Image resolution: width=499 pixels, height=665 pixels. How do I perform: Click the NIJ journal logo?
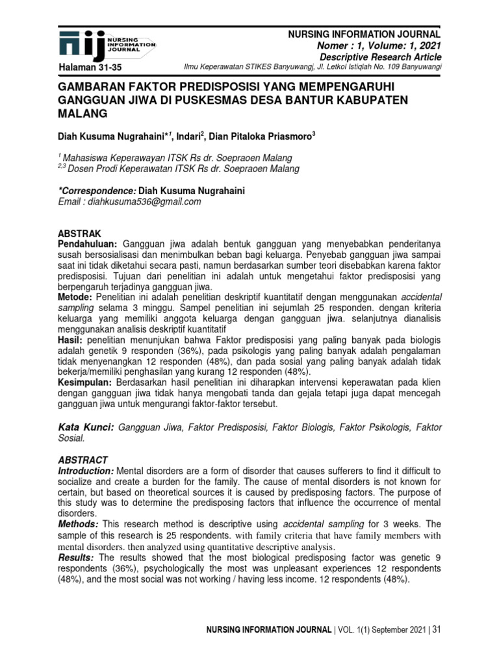tap(107, 44)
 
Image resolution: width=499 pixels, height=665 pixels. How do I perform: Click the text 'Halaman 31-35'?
tap(90, 68)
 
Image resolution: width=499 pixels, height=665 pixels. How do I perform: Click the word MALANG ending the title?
tap(82, 113)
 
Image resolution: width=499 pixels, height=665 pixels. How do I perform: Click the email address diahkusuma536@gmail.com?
tap(130, 202)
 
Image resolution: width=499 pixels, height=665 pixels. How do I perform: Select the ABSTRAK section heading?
tap(80, 232)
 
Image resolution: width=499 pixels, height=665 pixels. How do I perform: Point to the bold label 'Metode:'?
tap(76, 295)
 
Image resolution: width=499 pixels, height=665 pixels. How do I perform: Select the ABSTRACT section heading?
tap(83, 459)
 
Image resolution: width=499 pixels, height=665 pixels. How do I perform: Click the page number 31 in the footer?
tap(436, 630)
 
